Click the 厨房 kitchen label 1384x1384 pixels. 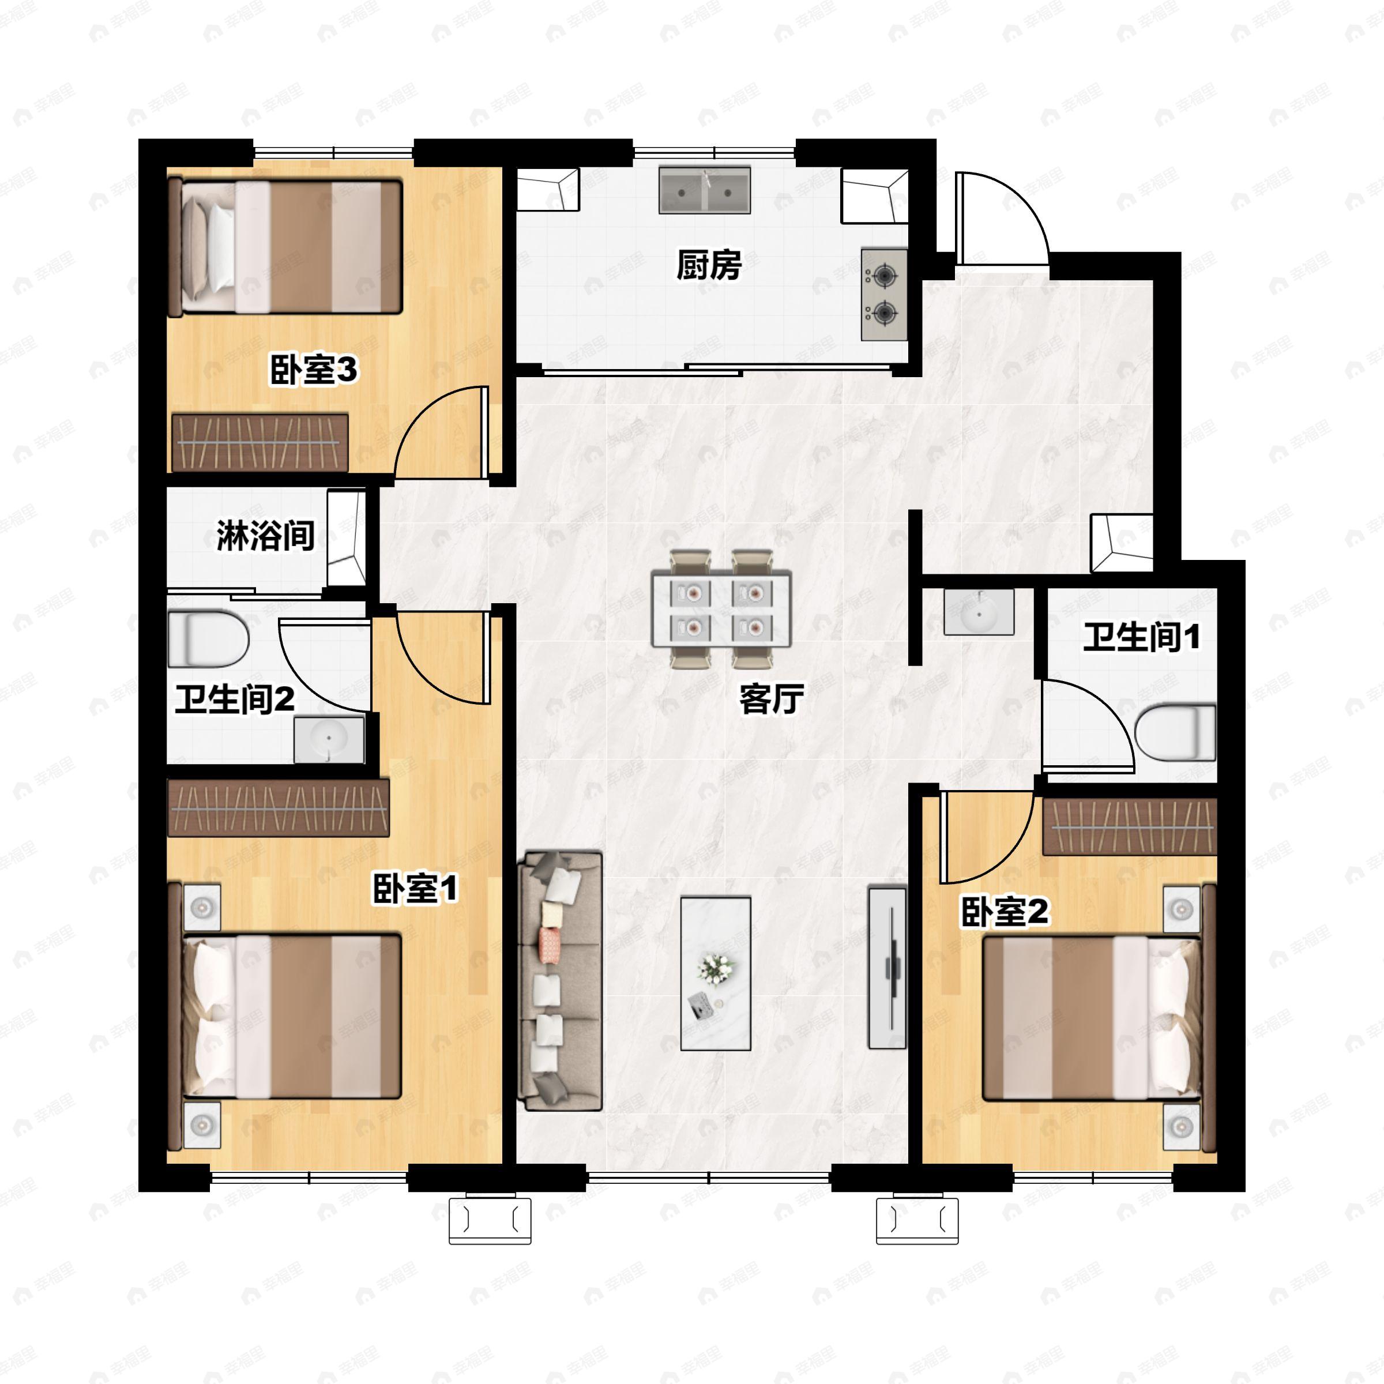(x=709, y=266)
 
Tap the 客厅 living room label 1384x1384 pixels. (x=772, y=698)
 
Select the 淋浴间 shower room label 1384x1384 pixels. (x=266, y=536)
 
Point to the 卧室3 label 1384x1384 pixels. (x=313, y=370)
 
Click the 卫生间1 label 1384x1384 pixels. (x=1141, y=637)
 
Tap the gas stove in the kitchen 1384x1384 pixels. (x=883, y=295)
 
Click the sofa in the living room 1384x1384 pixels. (x=559, y=981)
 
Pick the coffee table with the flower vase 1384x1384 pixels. (x=716, y=973)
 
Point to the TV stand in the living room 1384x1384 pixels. (x=887, y=967)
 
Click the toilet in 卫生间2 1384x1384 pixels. (x=208, y=639)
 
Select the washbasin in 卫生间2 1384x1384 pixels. (x=329, y=739)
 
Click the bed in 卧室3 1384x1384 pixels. (x=284, y=247)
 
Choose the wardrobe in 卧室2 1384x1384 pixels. (x=1129, y=828)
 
